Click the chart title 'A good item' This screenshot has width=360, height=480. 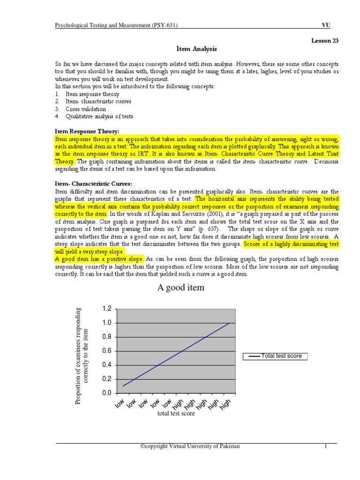(180, 287)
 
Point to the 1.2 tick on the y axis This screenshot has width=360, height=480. (107, 309)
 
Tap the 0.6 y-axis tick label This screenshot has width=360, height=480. (107, 351)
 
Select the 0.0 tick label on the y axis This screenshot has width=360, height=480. (107, 393)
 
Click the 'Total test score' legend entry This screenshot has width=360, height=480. (276, 356)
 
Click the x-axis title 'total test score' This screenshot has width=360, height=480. (177, 413)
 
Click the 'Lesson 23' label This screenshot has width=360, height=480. (325, 40)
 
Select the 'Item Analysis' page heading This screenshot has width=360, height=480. (196, 48)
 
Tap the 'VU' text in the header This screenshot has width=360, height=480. (325, 25)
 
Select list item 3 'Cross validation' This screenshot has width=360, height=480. (86, 109)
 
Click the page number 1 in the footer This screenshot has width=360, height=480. (324, 446)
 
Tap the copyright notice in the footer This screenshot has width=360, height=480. (190, 446)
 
